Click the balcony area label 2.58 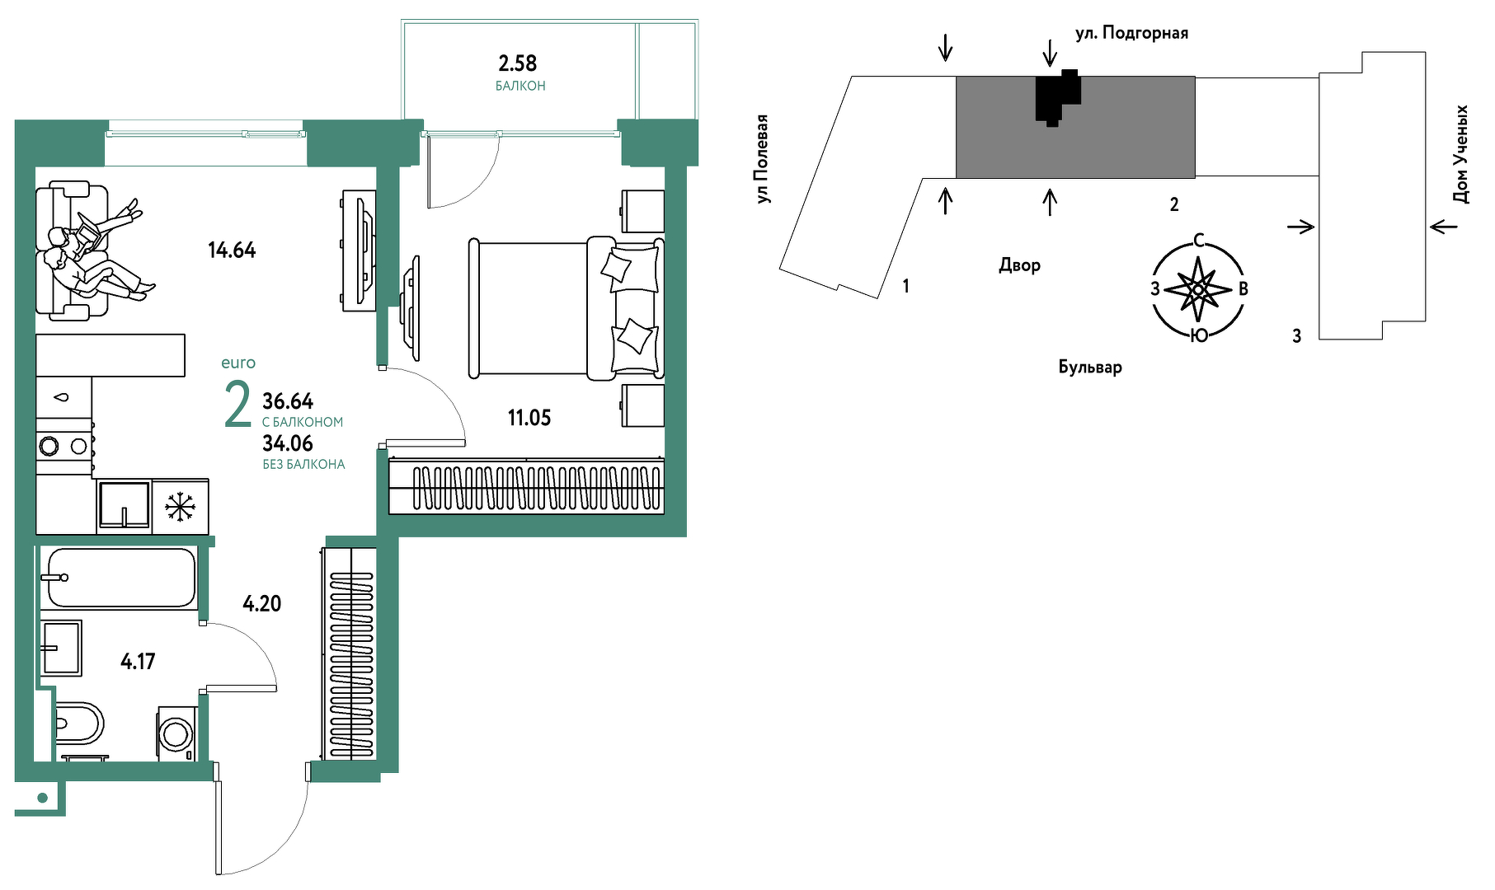point(518,63)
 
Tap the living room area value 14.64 point(232,250)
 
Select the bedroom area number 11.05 point(529,418)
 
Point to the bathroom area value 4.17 point(138,661)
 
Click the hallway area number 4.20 point(262,604)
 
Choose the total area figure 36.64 point(288,401)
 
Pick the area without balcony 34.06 point(288,443)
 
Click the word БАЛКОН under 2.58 point(520,86)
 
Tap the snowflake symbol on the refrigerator point(180,507)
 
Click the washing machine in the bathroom point(176,733)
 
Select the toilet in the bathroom point(79,724)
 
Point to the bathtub point(120,578)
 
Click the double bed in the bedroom point(567,308)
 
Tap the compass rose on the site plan point(1198,288)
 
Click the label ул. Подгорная point(1131,33)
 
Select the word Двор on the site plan point(1020,265)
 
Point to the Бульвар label point(1090,367)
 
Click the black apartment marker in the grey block point(1056,97)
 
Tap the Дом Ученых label point(1460,154)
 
